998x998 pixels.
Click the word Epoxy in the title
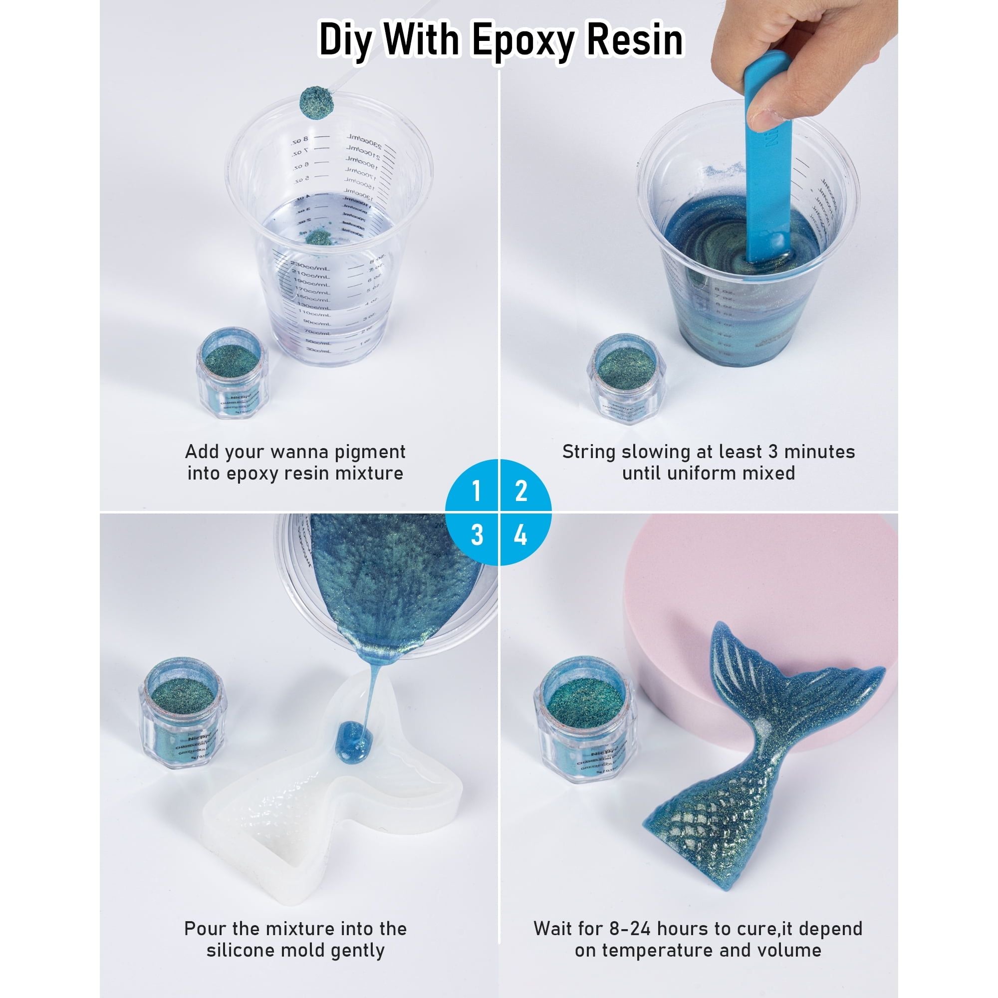526,41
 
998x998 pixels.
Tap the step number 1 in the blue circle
476,490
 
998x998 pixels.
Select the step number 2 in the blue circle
520,490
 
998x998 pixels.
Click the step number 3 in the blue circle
476,534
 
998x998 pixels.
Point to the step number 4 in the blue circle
520,534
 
